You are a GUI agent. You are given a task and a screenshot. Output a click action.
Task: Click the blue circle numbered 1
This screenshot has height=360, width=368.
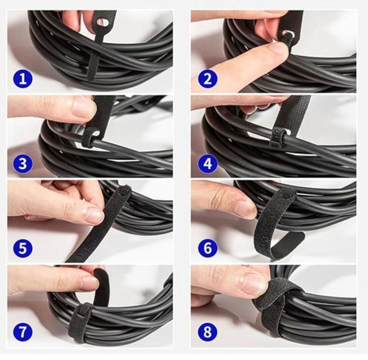coord(22,79)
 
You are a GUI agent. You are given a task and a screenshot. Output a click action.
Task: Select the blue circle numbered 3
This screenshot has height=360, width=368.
coord(22,164)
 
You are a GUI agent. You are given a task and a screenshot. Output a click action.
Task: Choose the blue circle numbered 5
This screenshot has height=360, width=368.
coord(22,248)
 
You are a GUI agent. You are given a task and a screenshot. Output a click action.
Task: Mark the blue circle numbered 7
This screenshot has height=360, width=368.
coord(22,332)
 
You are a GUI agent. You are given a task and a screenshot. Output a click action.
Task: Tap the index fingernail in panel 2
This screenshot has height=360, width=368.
coord(280,49)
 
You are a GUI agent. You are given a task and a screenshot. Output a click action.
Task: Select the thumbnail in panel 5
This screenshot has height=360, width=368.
coord(94,215)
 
